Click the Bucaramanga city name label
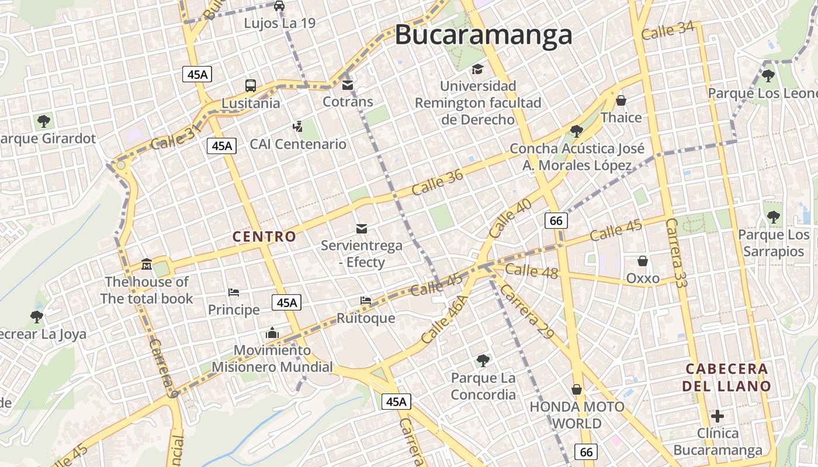point(483,35)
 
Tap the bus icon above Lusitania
point(251,86)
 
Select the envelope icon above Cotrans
point(348,85)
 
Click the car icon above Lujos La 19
point(279,6)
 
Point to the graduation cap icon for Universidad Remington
point(477,69)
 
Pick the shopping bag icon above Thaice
point(621,101)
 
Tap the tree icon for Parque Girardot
point(43,121)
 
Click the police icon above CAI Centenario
point(298,126)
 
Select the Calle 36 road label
point(437,182)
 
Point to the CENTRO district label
point(264,236)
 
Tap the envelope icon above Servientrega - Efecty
point(362,228)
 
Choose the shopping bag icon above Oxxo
point(643,261)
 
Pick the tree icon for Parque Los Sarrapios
point(774,217)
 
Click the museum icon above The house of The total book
point(146,265)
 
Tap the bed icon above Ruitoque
point(366,301)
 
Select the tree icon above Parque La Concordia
point(483,360)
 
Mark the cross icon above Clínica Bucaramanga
point(718,416)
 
